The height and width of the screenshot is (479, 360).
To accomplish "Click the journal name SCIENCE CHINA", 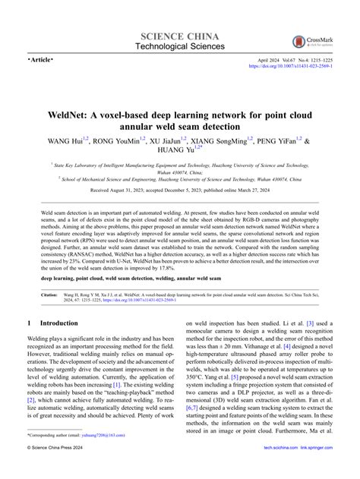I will click(180, 36).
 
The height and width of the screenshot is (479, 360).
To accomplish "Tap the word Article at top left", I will click(43, 58).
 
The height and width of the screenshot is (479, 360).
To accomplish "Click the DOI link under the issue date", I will click(289, 67).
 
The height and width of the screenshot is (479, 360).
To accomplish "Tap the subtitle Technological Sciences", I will click(180, 46).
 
